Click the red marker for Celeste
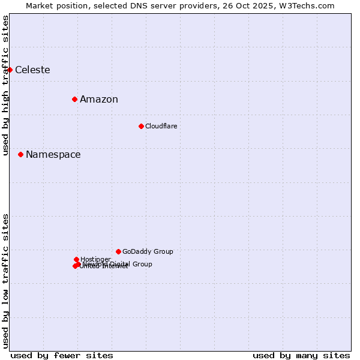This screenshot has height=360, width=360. click(x=10, y=70)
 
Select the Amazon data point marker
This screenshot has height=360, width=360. click(x=74, y=99)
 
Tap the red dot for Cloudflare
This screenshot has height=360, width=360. click(x=141, y=126)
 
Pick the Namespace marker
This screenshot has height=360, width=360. click(x=20, y=154)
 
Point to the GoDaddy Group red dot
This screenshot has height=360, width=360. click(x=118, y=251)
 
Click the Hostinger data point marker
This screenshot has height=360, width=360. click(x=76, y=259)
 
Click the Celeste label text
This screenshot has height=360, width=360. click(x=32, y=70)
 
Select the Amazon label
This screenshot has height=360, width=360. click(x=99, y=100)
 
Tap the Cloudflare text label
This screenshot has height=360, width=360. click(x=161, y=127)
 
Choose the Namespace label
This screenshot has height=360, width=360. click(x=53, y=155)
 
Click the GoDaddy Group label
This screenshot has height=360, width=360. click(x=148, y=252)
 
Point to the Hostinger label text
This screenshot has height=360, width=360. click(x=95, y=259)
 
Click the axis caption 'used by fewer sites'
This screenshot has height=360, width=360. click(x=62, y=355)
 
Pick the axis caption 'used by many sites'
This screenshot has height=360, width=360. click(x=301, y=355)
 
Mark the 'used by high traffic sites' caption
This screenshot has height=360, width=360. click(x=6, y=85)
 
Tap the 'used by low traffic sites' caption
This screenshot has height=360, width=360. click(x=6, y=281)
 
